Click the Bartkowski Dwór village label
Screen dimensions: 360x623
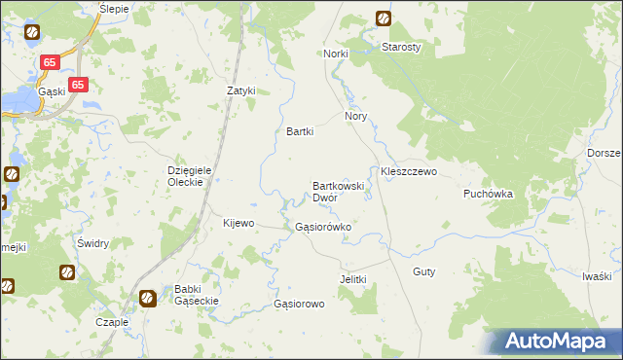click(338, 191)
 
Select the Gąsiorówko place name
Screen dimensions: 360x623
click(322, 227)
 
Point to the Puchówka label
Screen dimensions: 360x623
click(487, 194)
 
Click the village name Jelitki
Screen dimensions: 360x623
click(352, 279)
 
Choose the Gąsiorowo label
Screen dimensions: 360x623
click(299, 304)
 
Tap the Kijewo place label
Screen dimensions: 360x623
click(238, 223)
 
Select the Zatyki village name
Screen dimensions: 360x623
click(240, 91)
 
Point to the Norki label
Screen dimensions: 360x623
click(336, 54)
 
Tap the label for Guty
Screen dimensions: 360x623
click(423, 271)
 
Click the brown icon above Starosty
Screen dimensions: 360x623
click(383, 18)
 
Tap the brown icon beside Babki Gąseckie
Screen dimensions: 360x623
click(149, 298)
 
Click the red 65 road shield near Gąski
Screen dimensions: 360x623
click(79, 85)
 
